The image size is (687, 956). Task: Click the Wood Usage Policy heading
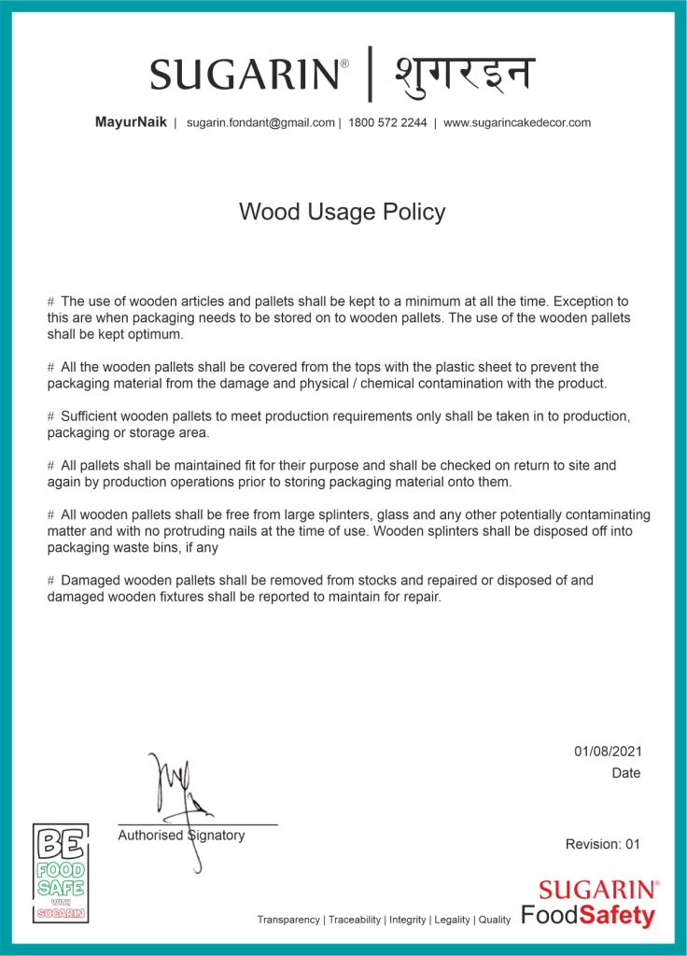[x=342, y=212]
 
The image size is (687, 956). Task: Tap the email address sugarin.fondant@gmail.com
[x=260, y=122]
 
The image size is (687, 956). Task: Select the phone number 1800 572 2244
[x=387, y=122]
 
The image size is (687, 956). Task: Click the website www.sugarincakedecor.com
[x=516, y=122]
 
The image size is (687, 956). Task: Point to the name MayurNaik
[x=131, y=122]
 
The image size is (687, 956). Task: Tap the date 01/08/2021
[x=608, y=752]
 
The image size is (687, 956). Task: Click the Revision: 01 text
[x=603, y=844]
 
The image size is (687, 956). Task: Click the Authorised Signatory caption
[x=181, y=836]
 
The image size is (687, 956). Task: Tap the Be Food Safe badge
[x=61, y=873]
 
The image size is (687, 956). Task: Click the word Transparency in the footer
[x=288, y=920]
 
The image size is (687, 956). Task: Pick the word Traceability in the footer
[x=355, y=920]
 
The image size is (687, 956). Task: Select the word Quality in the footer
[x=495, y=920]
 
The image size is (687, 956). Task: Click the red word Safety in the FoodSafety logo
[x=617, y=916]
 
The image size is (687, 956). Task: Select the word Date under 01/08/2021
[x=626, y=773]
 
